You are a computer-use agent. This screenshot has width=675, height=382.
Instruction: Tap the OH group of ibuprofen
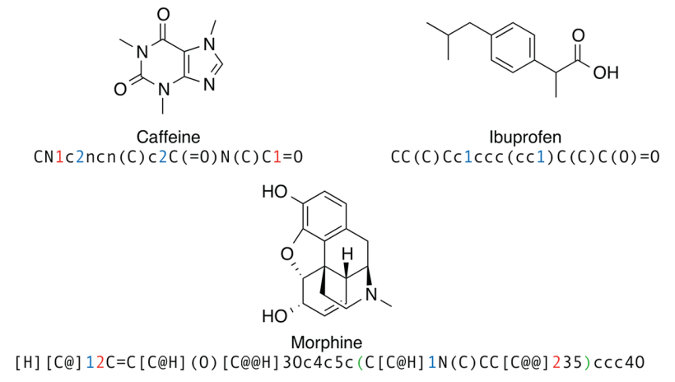coord(605,72)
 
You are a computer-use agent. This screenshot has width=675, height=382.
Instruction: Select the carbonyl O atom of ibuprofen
coord(581,35)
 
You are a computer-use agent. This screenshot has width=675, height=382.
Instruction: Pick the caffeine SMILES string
coord(174,155)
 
